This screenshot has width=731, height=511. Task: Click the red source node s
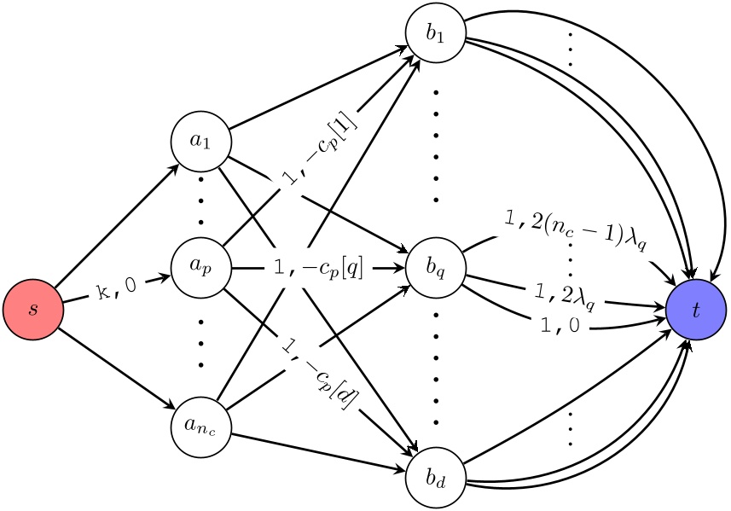pyautogui.click(x=33, y=308)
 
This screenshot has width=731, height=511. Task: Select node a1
pyautogui.click(x=200, y=141)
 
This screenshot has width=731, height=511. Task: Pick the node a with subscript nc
pyautogui.click(x=200, y=420)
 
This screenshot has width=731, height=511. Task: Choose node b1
pyautogui.click(x=436, y=33)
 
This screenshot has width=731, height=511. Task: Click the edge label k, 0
pyautogui.click(x=117, y=287)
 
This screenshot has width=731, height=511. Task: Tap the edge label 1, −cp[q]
pyautogui.click(x=318, y=268)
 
